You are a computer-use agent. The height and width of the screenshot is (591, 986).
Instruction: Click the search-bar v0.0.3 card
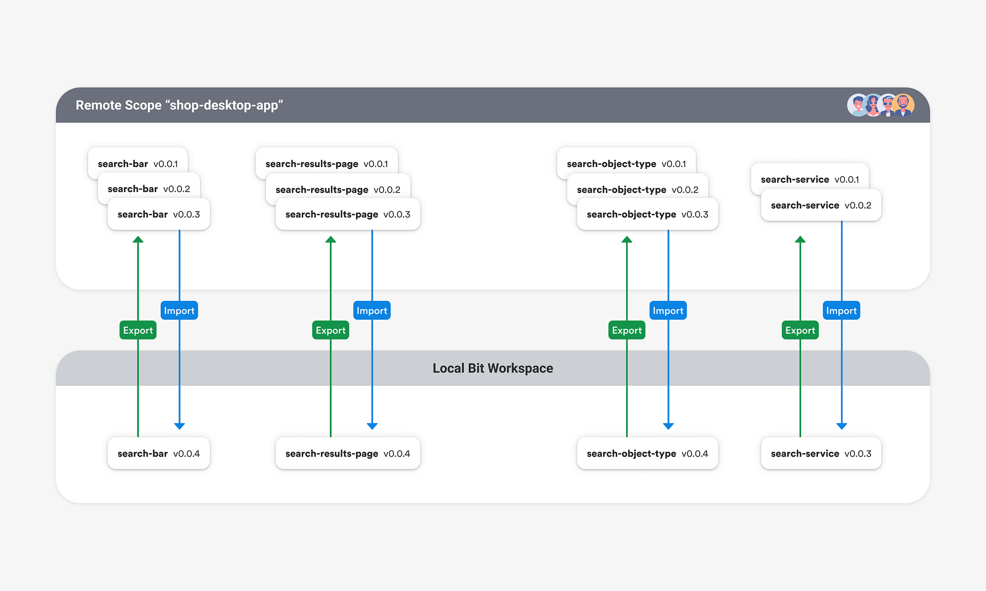pyautogui.click(x=159, y=214)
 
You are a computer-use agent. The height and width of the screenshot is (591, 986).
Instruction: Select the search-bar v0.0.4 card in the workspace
pyautogui.click(x=159, y=454)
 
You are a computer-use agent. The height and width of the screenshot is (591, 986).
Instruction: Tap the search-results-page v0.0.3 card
pyautogui.click(x=348, y=214)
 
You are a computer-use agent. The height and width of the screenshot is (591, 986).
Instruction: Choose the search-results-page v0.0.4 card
pyautogui.click(x=348, y=454)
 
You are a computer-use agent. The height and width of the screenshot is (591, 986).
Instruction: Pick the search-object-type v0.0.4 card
pyautogui.click(x=647, y=454)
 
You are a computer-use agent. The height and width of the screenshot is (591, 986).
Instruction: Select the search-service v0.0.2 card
pyautogui.click(x=821, y=205)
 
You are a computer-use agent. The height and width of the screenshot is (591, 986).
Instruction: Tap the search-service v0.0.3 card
pyautogui.click(x=821, y=454)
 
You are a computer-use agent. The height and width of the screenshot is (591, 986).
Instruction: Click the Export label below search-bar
pyautogui.click(x=138, y=330)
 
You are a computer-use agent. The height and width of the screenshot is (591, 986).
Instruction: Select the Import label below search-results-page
pyautogui.click(x=372, y=311)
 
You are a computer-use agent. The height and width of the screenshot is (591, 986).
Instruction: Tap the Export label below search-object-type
pyautogui.click(x=627, y=330)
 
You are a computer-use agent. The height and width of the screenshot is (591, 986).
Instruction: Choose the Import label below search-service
pyautogui.click(x=841, y=311)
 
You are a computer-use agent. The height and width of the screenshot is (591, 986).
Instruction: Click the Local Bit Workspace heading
pyautogui.click(x=493, y=368)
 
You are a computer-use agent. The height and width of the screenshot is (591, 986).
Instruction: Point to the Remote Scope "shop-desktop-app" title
pyautogui.click(x=179, y=105)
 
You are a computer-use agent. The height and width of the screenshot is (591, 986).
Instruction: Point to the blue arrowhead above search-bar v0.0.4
pyautogui.click(x=179, y=426)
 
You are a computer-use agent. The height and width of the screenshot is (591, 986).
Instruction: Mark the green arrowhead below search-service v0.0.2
pyautogui.click(x=800, y=239)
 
